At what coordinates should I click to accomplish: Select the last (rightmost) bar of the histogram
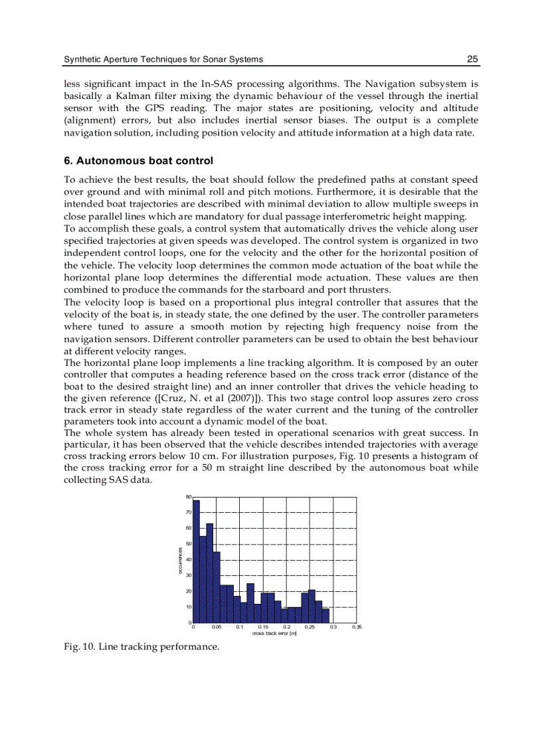pyautogui.click(x=325, y=615)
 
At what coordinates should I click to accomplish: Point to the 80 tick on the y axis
pyautogui.click(x=189, y=497)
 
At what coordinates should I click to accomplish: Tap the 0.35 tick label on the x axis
pyautogui.click(x=356, y=627)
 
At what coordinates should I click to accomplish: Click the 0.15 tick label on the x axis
pyautogui.click(x=263, y=627)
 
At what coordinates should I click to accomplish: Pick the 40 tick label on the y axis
pyautogui.click(x=189, y=559)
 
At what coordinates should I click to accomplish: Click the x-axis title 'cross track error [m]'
pyautogui.click(x=274, y=634)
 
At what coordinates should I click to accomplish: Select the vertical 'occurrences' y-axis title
pyautogui.click(x=180, y=559)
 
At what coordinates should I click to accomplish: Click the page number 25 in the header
pyautogui.click(x=472, y=59)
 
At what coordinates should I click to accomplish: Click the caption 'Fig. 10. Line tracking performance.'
pyautogui.click(x=141, y=646)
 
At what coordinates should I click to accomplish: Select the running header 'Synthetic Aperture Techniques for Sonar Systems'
pyautogui.click(x=163, y=59)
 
